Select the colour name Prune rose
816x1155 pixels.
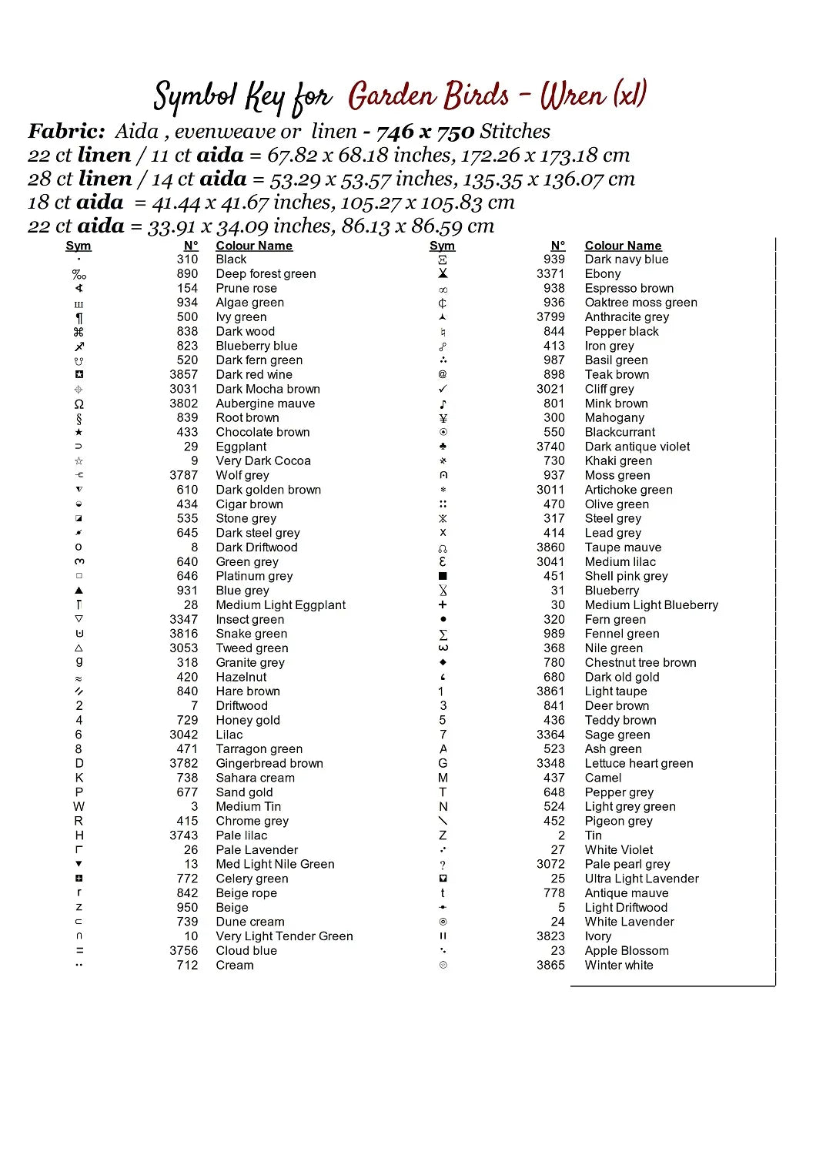246,288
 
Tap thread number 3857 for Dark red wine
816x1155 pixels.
183,374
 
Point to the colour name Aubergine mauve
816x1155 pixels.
265,403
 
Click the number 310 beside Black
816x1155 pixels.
187,259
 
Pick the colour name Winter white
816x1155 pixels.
618,965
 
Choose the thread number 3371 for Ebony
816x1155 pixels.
550,273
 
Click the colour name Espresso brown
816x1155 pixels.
628,288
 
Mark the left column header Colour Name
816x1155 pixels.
254,246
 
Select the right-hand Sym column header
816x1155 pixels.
442,246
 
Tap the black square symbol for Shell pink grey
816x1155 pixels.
443,576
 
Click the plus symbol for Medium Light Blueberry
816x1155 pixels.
443,605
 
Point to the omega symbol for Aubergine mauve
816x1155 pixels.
79,404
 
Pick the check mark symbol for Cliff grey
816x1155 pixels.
443,389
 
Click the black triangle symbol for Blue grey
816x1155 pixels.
79,591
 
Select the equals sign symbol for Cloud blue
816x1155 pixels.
79,950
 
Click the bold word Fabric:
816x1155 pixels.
66,132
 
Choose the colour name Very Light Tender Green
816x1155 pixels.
284,936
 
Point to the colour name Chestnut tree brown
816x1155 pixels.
640,662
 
